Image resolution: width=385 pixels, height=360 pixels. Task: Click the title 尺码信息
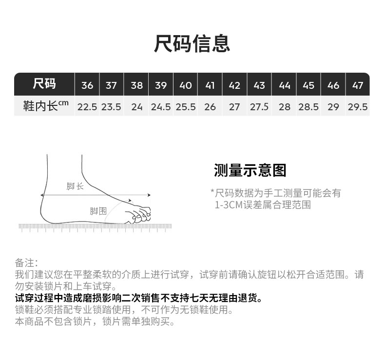tap(192, 43)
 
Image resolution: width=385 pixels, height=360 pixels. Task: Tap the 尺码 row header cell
tap(44, 84)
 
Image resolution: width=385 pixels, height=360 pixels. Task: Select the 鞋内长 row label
tap(44, 106)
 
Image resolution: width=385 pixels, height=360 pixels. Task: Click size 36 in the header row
tap(87, 85)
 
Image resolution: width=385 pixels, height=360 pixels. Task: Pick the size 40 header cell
tap(186, 85)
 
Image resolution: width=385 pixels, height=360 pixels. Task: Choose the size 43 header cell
tap(259, 85)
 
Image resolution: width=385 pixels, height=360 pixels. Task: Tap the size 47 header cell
tap(358, 85)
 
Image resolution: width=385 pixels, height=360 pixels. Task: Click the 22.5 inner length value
tap(87, 107)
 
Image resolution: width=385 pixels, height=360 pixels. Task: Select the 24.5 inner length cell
tap(161, 107)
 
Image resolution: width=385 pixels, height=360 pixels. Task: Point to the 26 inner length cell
tap(210, 107)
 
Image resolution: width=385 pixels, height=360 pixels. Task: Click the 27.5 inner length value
tap(259, 107)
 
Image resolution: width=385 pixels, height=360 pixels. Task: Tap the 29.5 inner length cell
tap(358, 107)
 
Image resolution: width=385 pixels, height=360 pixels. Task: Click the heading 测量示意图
tap(250, 170)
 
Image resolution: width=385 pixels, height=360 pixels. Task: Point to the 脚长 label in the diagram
tap(75, 186)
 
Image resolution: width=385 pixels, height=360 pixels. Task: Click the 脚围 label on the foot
tap(98, 211)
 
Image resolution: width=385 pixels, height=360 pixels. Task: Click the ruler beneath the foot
tap(95, 227)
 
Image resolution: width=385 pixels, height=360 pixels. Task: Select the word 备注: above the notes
tap(26, 262)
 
